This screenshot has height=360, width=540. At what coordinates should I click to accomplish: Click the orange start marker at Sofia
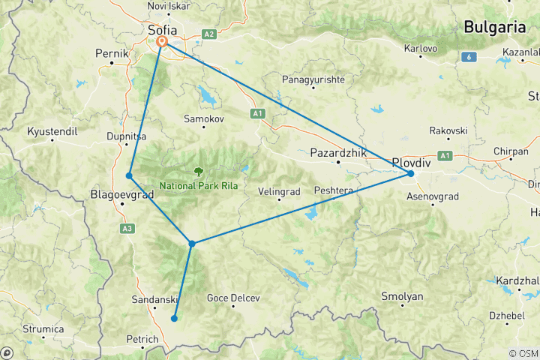coord(161,42)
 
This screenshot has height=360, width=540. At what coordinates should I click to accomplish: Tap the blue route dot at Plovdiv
coord(411,173)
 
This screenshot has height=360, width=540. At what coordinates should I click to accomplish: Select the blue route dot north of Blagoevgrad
coord(129,175)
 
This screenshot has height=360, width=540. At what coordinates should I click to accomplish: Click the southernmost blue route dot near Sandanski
coord(174,318)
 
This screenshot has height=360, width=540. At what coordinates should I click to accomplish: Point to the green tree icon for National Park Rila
coord(199,171)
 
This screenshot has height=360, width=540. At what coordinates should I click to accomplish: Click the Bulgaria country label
coord(494,27)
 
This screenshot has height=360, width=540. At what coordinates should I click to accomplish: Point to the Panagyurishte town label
coord(313,79)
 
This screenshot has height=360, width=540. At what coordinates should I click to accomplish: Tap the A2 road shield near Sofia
coord(209,34)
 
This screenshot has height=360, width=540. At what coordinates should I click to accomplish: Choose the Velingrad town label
coord(279,191)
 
